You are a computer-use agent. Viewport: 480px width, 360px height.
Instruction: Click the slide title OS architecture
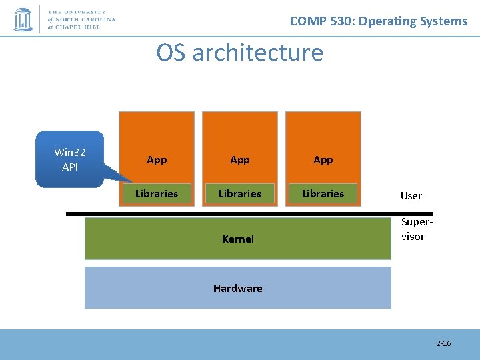(x=239, y=52)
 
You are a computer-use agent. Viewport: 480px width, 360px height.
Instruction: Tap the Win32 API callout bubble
(x=70, y=159)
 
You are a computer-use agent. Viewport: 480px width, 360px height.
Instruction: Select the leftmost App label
(x=157, y=160)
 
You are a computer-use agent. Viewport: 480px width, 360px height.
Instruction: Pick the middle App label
(x=240, y=160)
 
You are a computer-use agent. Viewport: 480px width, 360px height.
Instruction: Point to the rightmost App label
(x=323, y=160)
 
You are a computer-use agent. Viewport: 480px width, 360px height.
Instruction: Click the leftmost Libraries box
(x=157, y=193)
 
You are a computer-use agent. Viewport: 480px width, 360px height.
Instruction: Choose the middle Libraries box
(x=240, y=193)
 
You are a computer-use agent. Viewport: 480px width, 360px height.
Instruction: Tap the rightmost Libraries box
(x=323, y=193)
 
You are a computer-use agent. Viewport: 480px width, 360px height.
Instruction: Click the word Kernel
(x=238, y=239)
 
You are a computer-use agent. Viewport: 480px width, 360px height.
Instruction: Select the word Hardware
(x=238, y=288)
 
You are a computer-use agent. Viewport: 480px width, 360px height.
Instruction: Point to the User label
(x=411, y=195)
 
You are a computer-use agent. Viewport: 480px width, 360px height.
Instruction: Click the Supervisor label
(x=413, y=230)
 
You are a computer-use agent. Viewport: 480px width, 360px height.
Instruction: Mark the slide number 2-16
(x=443, y=343)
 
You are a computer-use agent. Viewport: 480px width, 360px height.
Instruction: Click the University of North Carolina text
(x=81, y=20)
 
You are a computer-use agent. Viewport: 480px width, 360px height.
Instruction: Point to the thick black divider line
(x=233, y=214)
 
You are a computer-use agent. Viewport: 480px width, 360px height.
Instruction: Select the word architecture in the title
(x=257, y=52)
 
